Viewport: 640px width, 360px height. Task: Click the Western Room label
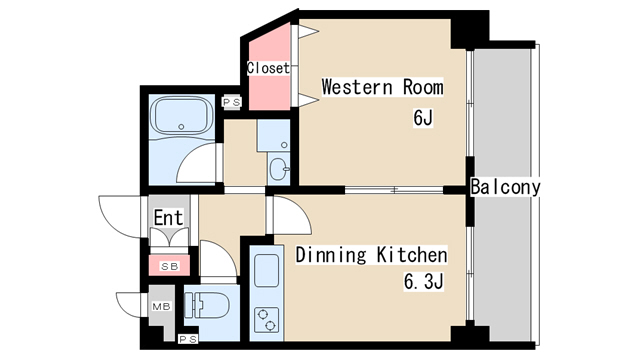[382, 87]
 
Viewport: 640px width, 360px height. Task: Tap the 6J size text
[423, 118]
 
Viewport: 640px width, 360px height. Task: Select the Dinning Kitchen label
[371, 255]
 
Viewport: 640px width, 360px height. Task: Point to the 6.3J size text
[424, 282]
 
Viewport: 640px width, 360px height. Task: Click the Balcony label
[505, 187]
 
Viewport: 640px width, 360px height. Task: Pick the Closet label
[268, 68]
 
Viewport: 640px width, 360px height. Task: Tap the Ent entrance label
[168, 218]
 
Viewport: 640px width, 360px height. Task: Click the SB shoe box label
[169, 267]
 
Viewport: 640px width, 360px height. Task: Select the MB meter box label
[161, 306]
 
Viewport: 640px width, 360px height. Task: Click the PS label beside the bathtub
[231, 102]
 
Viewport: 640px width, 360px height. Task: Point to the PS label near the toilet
[188, 339]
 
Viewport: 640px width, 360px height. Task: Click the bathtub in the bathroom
[181, 116]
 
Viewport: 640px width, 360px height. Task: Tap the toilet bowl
[206, 304]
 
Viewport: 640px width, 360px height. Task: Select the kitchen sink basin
[267, 270]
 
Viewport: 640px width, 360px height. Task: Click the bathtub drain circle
[181, 127]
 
